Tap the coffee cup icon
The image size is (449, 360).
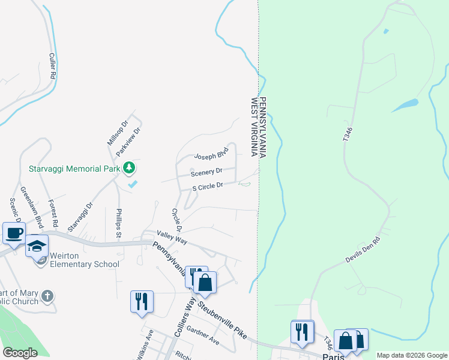click(14, 233)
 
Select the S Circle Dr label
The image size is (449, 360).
click(208, 187)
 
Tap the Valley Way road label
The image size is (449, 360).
click(172, 238)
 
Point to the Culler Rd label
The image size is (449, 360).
click(52, 67)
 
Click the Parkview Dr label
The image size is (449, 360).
click(128, 142)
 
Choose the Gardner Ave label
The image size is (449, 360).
click(203, 335)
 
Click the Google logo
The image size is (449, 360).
click(20, 353)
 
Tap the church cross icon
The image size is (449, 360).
click(48, 296)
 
